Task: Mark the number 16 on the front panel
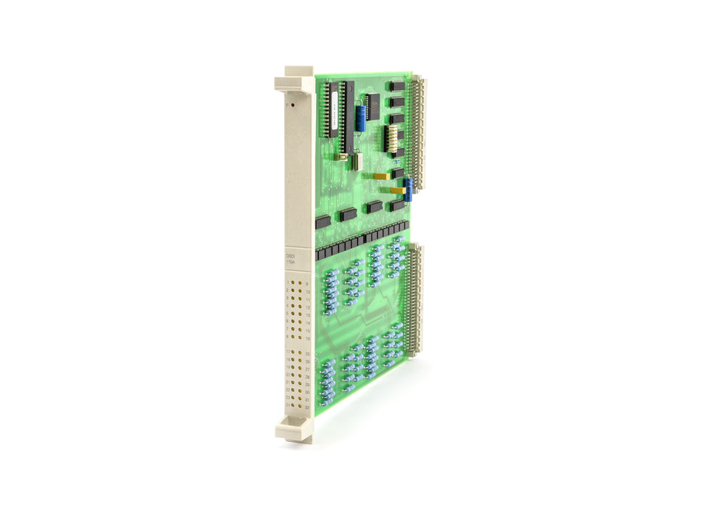(307, 338)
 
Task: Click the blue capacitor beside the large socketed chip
(360, 114)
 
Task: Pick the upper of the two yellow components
(379, 176)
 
